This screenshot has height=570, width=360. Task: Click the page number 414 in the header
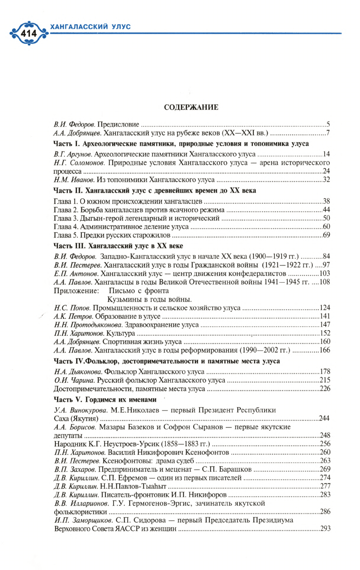click(29, 33)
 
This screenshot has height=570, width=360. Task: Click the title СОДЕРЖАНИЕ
click(191, 107)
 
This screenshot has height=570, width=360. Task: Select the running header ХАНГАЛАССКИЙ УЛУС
click(90, 27)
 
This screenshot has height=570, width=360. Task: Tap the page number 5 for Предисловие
click(328, 125)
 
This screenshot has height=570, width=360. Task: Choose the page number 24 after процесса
click(326, 171)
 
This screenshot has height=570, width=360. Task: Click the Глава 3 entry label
click(66, 218)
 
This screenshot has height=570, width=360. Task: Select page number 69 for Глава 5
click(326, 235)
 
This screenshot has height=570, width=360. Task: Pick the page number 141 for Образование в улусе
click(325, 316)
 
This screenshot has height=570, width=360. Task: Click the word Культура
click(121, 333)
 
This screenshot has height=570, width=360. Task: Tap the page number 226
click(325, 389)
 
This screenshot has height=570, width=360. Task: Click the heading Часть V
click(68, 400)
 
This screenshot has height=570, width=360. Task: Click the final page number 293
click(325, 529)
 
